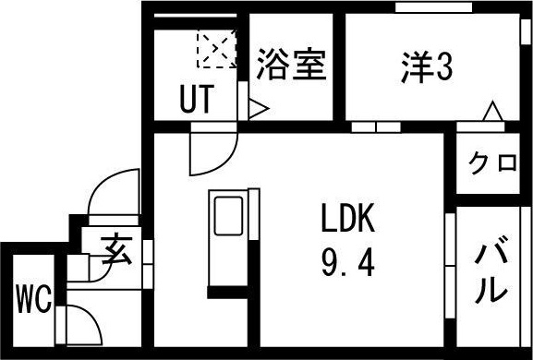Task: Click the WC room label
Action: (34, 300)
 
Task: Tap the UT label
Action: (197, 99)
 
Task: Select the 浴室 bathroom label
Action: (292, 65)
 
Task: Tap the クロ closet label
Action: (492, 163)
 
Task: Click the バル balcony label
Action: (491, 270)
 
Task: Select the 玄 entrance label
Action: (116, 248)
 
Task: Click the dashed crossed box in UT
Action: (216, 49)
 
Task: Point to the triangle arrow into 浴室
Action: (259, 109)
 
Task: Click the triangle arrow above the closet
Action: (492, 111)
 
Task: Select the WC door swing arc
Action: (91, 319)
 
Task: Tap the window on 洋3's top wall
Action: (434, 7)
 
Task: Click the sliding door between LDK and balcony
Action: (450, 266)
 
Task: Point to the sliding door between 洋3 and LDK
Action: (376, 127)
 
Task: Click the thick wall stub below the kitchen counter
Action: (228, 292)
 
